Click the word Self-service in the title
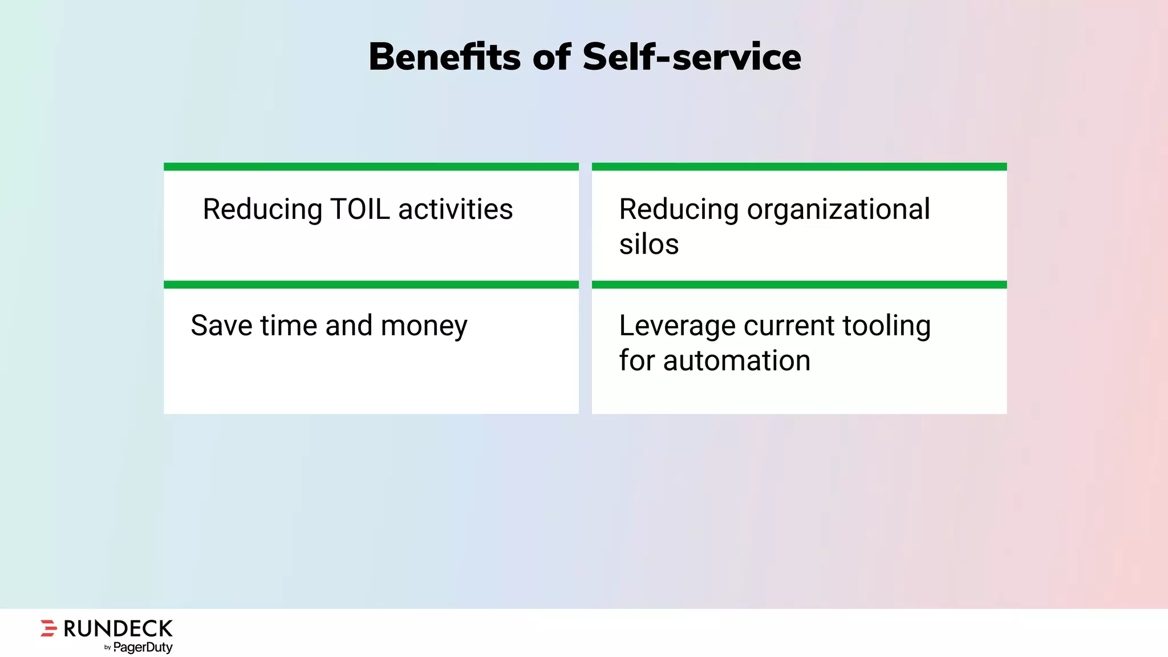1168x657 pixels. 691,57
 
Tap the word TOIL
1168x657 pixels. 360,209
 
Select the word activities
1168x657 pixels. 455,209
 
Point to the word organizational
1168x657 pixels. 838,209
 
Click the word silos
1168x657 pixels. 649,245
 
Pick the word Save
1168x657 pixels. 221,326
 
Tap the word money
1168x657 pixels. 424,327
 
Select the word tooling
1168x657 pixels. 886,327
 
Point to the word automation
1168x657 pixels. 736,361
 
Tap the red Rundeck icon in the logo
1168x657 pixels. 49,628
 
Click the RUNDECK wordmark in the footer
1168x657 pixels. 118,628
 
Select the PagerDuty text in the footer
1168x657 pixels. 143,647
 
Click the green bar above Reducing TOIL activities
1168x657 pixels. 371,167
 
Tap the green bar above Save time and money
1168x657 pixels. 371,285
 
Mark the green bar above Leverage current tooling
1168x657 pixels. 799,285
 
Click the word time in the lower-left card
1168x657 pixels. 289,326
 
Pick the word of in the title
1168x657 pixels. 551,57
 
